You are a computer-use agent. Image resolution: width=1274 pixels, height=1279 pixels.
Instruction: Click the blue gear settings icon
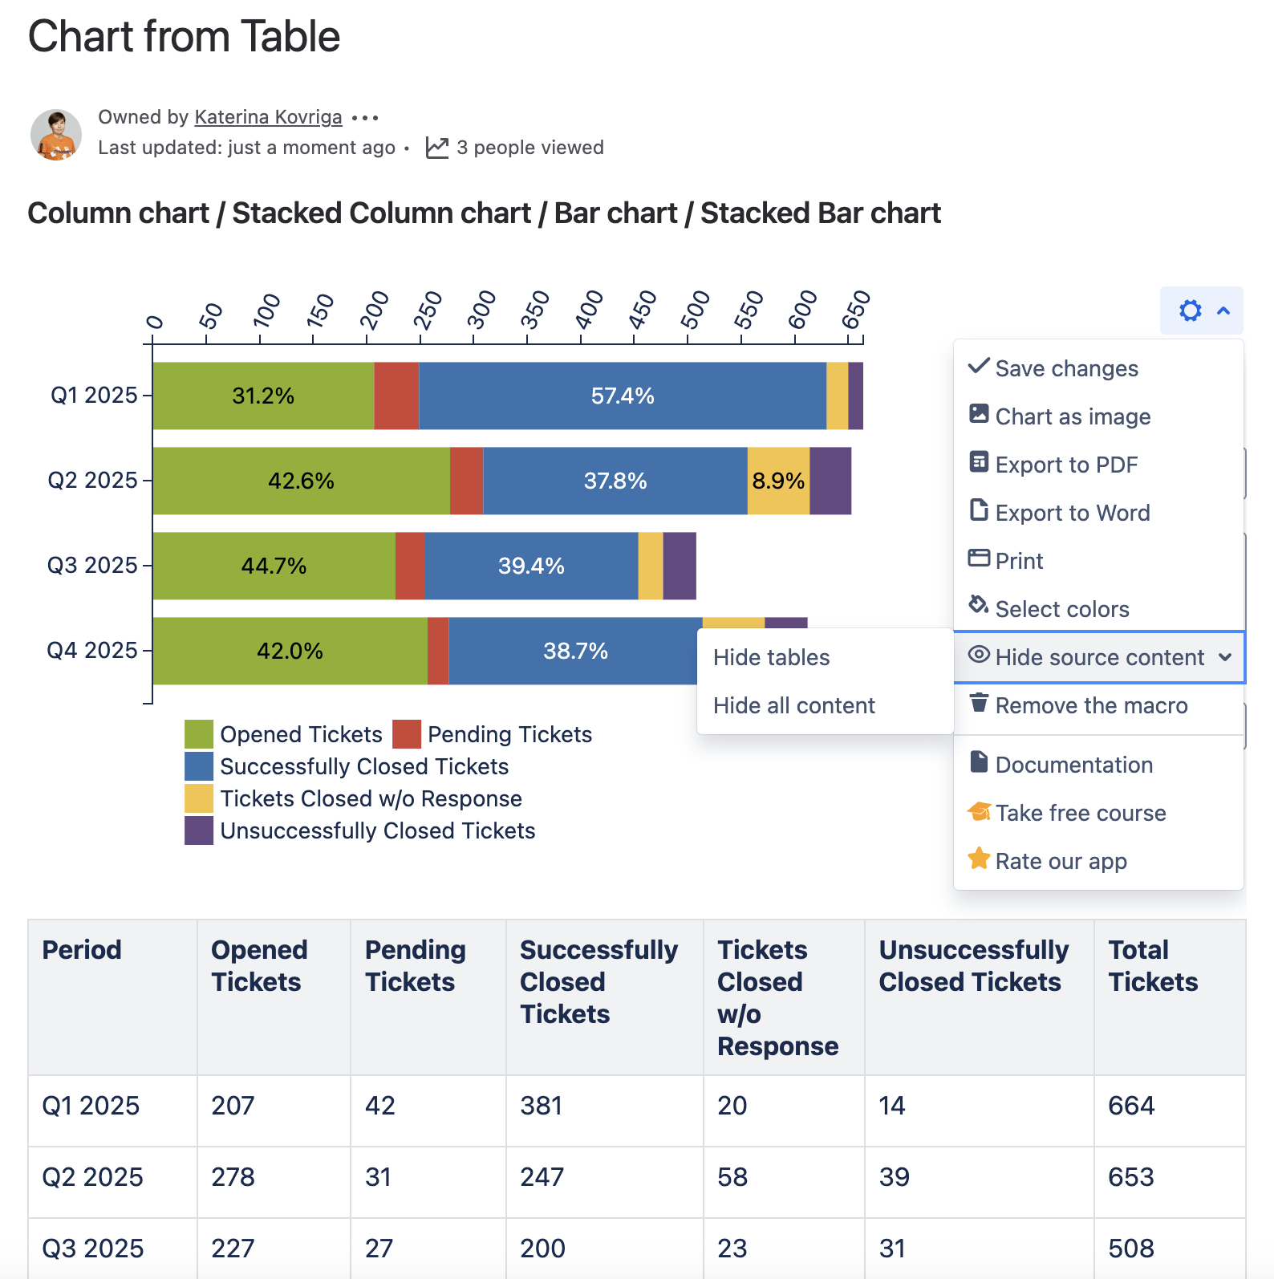point(1190,311)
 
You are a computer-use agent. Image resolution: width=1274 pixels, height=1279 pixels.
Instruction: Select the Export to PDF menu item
point(1065,465)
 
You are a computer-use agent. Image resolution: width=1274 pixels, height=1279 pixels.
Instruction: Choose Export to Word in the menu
point(1072,513)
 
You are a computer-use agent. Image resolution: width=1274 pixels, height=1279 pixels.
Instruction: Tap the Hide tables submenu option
point(771,657)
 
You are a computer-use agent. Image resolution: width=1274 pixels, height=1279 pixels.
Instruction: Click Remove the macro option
point(1090,705)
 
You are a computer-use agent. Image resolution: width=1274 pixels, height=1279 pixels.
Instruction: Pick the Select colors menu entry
point(1061,609)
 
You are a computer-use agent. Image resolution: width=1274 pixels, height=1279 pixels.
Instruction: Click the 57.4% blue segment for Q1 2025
point(622,396)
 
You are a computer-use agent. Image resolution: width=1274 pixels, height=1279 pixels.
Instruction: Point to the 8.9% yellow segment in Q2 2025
point(778,481)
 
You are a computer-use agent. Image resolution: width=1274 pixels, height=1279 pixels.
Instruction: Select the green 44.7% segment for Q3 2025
point(274,566)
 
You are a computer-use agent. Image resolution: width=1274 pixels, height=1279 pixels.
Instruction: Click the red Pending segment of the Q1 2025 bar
point(396,396)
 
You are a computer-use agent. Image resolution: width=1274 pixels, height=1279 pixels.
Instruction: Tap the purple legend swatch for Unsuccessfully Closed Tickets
point(199,830)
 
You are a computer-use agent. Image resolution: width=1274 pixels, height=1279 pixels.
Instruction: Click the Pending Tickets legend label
point(509,734)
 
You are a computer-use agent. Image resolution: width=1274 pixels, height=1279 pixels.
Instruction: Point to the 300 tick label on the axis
point(481,311)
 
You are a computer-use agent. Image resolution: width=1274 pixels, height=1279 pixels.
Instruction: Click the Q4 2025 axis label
point(92,650)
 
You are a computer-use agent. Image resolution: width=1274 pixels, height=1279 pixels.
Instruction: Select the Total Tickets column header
point(1153,966)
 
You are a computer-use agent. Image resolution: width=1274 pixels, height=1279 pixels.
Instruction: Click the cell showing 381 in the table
point(542,1106)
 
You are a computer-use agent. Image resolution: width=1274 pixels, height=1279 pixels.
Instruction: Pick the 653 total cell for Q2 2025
point(1130,1177)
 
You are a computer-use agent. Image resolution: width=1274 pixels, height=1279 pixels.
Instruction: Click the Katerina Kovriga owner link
point(268,117)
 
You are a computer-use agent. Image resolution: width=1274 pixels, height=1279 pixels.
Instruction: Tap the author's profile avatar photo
point(56,135)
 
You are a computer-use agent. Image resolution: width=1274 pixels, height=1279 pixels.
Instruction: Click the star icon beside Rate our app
point(979,859)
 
